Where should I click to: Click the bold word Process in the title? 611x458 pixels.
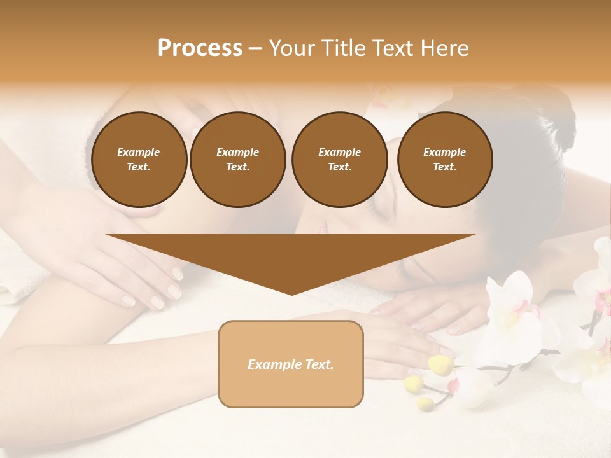pos(200,48)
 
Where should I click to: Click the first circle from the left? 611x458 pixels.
pos(139,160)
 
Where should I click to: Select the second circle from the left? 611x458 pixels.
pos(237,160)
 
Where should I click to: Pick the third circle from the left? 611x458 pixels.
pos(339,160)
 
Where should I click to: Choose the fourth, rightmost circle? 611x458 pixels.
pos(445,160)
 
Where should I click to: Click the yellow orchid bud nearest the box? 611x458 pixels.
pos(440,364)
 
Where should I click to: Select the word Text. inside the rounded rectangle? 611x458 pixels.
pos(318,364)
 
